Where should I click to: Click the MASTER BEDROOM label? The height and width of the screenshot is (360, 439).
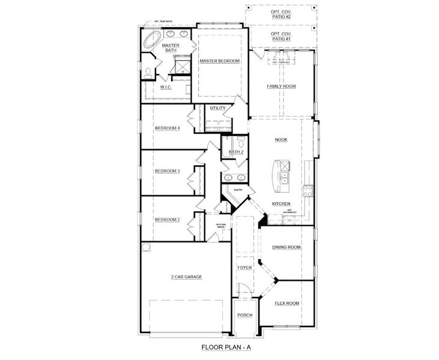coord(220,61)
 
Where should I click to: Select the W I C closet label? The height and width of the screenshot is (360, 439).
coord(166,87)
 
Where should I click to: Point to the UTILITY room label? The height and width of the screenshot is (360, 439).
coord(218,108)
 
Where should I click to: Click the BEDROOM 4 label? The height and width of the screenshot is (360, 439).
coord(167,128)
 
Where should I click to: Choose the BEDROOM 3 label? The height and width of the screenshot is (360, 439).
coord(167,171)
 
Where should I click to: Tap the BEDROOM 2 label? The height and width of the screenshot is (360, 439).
coord(167,220)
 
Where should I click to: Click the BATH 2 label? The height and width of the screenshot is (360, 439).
coord(236,152)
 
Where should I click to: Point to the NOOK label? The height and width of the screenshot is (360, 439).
coord(282,139)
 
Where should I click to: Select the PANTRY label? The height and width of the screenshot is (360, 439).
coord(238,190)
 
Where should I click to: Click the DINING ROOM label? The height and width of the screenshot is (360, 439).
coord(286,247)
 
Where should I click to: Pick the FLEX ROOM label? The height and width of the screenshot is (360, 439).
coord(286,304)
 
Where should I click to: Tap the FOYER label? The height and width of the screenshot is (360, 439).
coord(244,268)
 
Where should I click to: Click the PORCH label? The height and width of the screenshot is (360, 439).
coord(244,315)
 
